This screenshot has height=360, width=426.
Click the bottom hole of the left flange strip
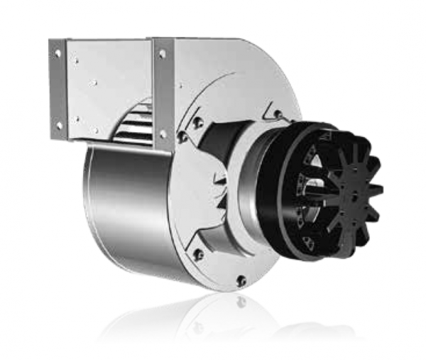coord(59,125)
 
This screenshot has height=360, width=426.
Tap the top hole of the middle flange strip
coord(162,53)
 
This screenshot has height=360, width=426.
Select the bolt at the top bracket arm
coord(277,114)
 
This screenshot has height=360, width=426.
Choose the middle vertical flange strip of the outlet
coord(163,92)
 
